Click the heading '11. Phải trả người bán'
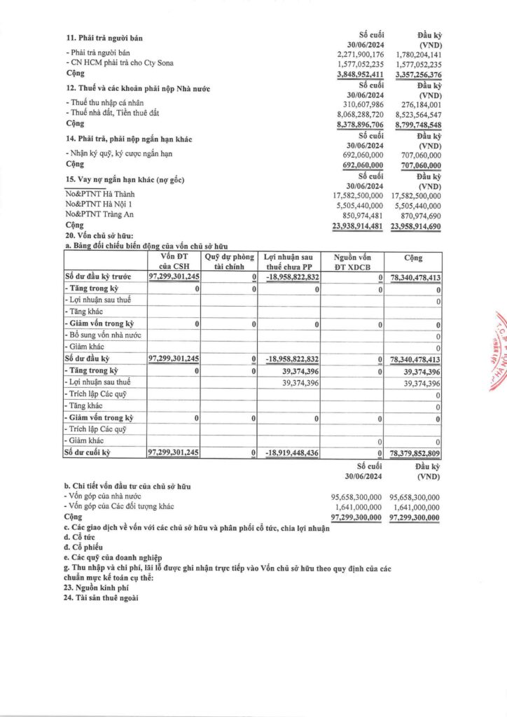click(x=109, y=37)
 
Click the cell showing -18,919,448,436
click(x=293, y=453)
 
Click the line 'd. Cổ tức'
click(x=81, y=538)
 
